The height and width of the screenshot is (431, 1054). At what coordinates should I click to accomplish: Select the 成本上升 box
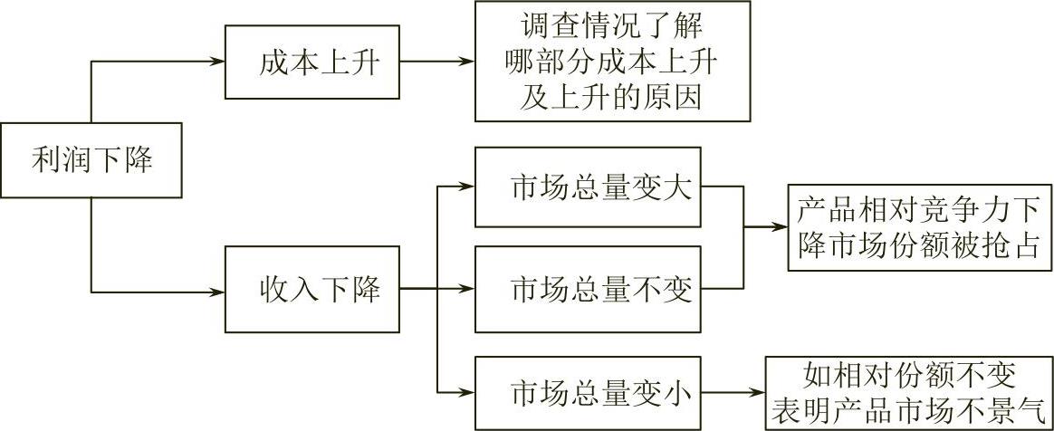[311, 62]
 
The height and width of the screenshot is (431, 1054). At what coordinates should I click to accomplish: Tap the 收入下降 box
[311, 292]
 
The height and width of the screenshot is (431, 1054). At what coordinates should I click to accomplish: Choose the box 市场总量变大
[588, 189]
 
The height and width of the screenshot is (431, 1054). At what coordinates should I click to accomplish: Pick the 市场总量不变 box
[588, 291]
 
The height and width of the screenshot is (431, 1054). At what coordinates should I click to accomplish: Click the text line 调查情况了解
[612, 24]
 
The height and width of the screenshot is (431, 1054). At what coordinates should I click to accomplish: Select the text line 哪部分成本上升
[612, 62]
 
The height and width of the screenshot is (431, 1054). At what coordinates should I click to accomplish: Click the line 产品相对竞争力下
[918, 210]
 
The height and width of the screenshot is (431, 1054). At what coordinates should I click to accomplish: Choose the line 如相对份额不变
[909, 376]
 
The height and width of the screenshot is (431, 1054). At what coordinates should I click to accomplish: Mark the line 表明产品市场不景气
[909, 410]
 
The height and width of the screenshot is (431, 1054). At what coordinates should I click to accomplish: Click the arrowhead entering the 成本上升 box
[216, 62]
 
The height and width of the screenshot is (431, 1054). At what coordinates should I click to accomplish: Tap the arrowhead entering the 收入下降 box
[216, 292]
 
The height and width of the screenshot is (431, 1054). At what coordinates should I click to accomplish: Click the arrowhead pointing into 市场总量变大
[467, 188]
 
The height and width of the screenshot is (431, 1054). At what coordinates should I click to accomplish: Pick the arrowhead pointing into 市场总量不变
[467, 291]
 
